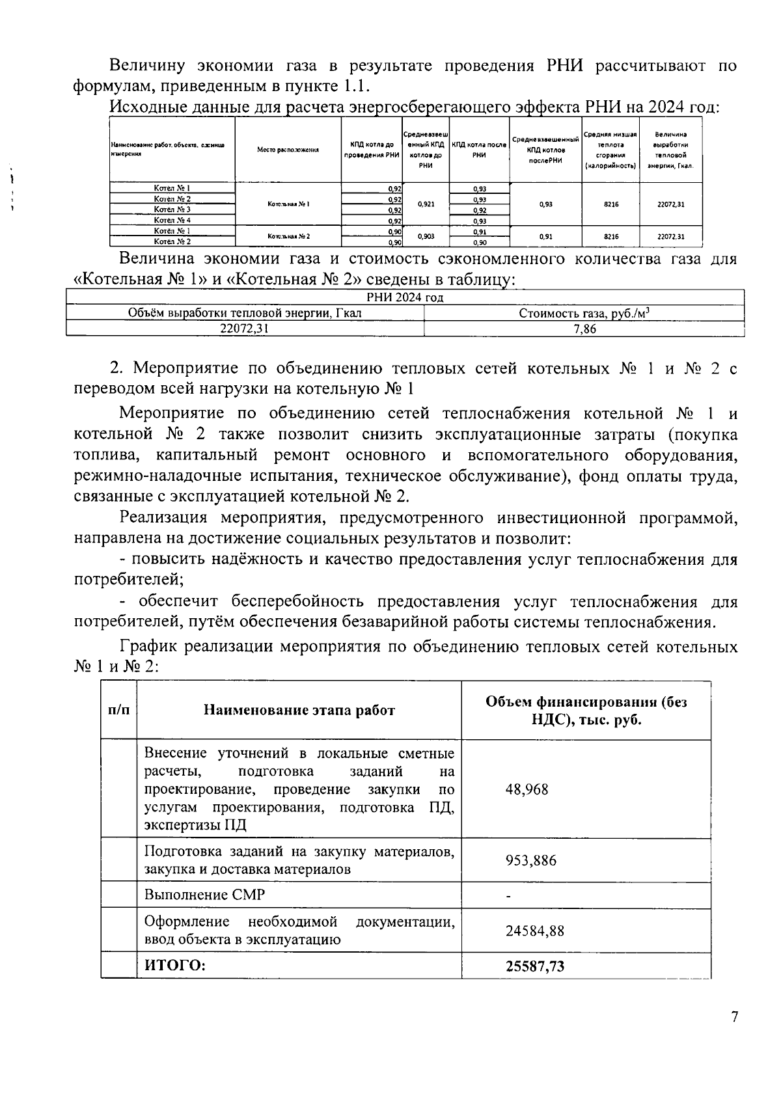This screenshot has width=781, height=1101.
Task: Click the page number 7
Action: pyautogui.click(x=734, y=1017)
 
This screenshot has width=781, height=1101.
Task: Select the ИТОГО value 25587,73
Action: pyautogui.click(x=535, y=966)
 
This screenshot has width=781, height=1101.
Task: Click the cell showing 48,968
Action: pyautogui.click(x=527, y=789)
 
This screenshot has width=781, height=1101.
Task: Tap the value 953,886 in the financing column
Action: pyautogui.click(x=531, y=860)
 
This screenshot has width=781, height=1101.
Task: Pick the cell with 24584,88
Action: pyautogui.click(x=535, y=931)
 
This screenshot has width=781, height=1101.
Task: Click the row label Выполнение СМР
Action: pyautogui.click(x=204, y=895)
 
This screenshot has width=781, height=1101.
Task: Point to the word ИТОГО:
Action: pyautogui.click(x=174, y=966)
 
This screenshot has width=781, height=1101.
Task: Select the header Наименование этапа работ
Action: pyautogui.click(x=299, y=710)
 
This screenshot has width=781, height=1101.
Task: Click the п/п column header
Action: pyautogui.click(x=118, y=710)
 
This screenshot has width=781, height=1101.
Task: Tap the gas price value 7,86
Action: pyautogui.click(x=584, y=329)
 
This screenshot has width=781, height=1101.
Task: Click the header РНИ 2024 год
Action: pyautogui.click(x=405, y=297)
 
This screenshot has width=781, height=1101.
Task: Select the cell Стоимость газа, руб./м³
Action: pyautogui.click(x=584, y=313)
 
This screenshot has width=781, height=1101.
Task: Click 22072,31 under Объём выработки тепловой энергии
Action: pyautogui.click(x=244, y=329)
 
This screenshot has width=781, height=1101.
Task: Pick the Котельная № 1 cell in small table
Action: pyautogui.click(x=288, y=204)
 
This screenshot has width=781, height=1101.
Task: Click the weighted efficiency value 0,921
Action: pyautogui.click(x=426, y=204)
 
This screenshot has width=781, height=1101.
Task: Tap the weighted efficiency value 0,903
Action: pyautogui.click(x=426, y=236)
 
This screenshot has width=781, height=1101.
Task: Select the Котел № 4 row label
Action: pyautogui.click(x=172, y=220)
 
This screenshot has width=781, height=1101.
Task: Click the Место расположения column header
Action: pyautogui.click(x=288, y=150)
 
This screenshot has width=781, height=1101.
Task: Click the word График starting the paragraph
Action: pyautogui.click(x=148, y=647)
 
